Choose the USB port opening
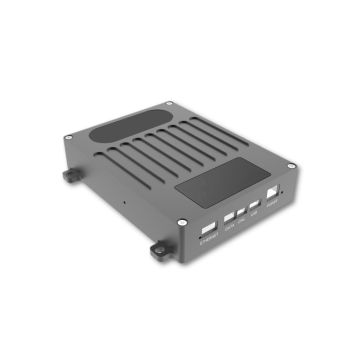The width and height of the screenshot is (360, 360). [256, 206]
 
